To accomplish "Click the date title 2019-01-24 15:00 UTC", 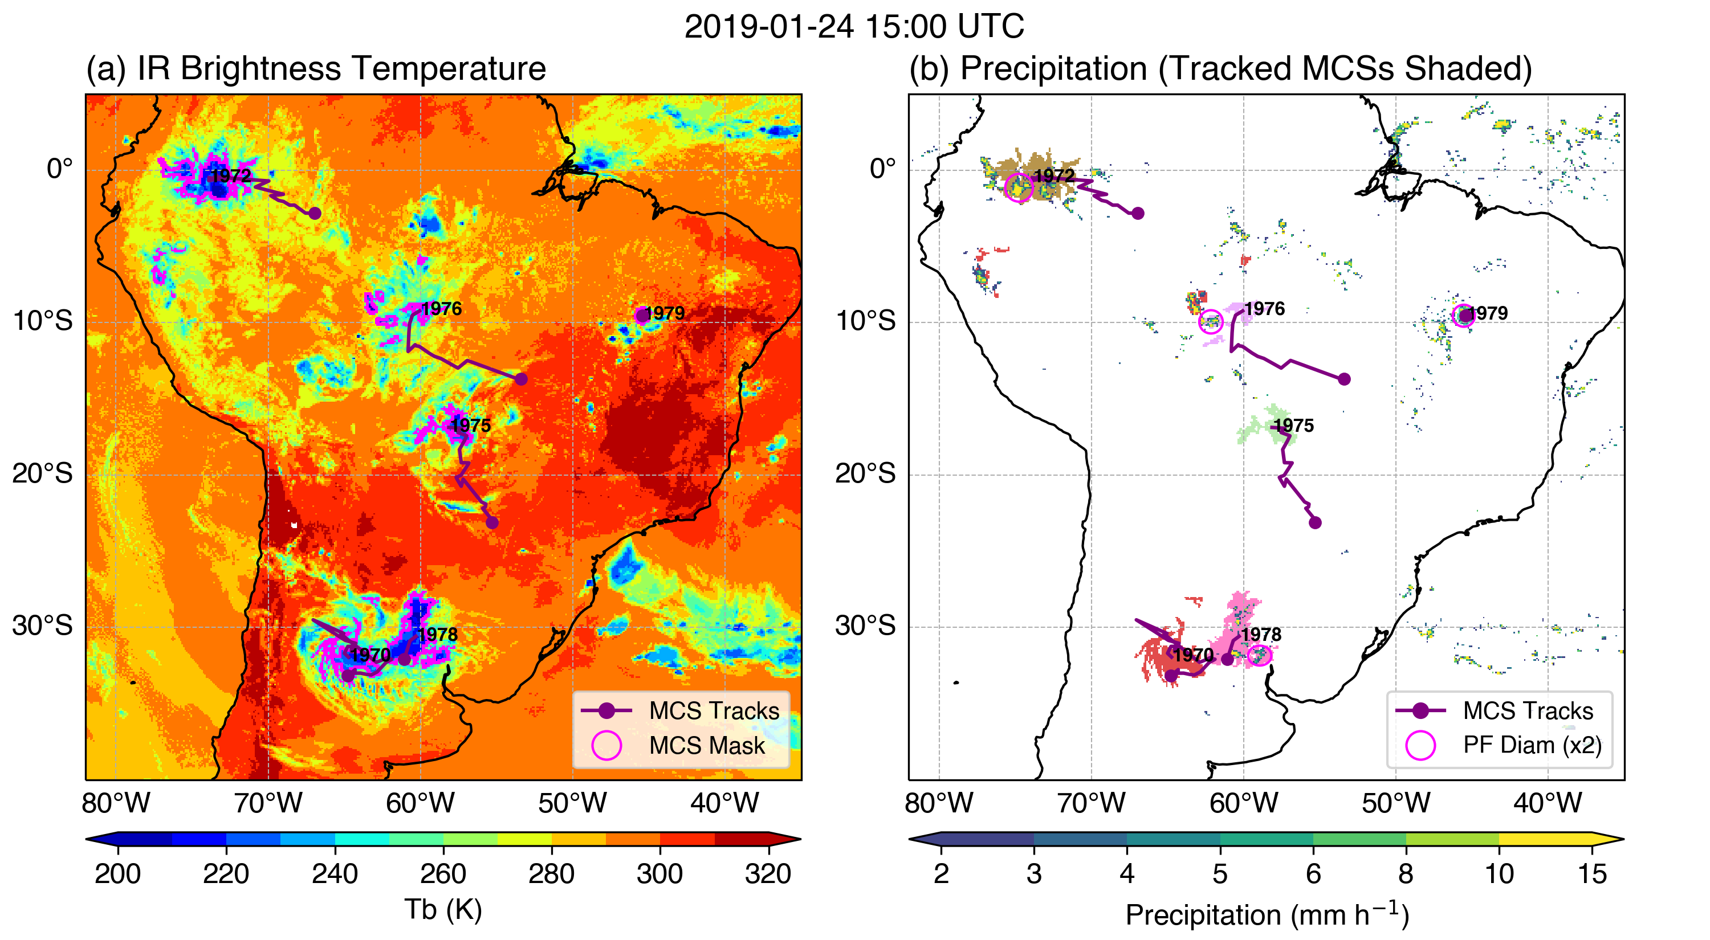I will [854, 27].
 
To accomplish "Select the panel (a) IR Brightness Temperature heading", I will [315, 68].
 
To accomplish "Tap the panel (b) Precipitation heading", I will [1220, 68].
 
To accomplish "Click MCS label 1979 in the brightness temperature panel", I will [665, 313].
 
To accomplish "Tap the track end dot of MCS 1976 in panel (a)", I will [521, 379].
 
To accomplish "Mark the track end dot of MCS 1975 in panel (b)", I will [1315, 523].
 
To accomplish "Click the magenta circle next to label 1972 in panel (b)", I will [1018, 188].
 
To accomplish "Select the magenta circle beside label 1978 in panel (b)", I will [1259, 655].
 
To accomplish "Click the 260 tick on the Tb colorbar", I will [443, 874].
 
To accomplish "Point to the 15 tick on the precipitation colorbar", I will [1592, 874].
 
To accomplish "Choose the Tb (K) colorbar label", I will [443, 909].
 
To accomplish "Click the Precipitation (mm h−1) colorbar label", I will [1267, 914].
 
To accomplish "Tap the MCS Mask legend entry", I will [706, 746].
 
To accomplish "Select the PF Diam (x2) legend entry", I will [1532, 745].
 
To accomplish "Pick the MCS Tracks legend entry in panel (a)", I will [714, 710].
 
